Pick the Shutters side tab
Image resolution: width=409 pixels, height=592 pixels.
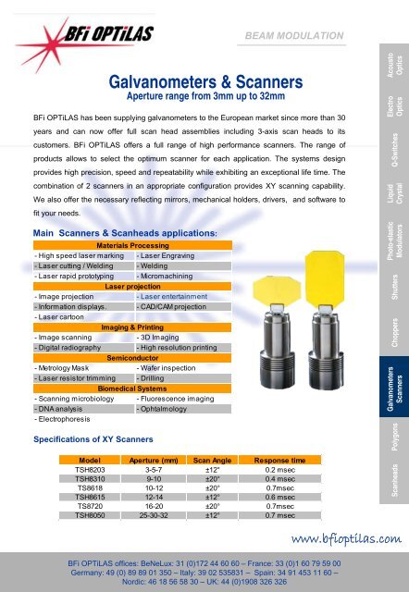[x=390, y=286]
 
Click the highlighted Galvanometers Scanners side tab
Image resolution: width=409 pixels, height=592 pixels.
[x=390, y=382]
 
